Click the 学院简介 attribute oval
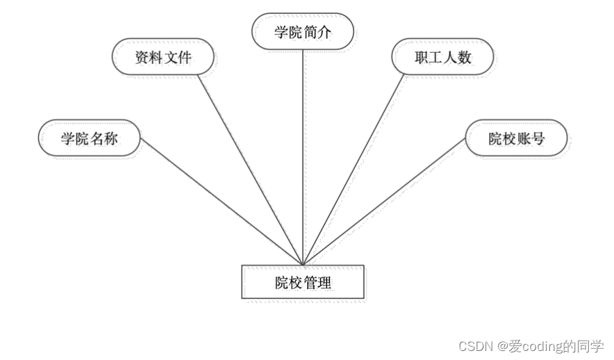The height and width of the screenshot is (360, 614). coord(303,32)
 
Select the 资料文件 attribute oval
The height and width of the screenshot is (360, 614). coord(163,58)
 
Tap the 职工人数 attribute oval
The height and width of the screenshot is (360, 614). coord(442,57)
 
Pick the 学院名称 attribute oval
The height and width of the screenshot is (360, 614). coord(90,138)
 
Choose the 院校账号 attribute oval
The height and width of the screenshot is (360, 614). coord(516,138)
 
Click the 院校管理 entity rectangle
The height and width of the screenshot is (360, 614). coord(303,283)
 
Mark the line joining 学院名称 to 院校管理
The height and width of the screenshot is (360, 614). coord(222,201)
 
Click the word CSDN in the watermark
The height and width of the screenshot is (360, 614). coord(475,345)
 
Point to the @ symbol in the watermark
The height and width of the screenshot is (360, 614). coord(500,345)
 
